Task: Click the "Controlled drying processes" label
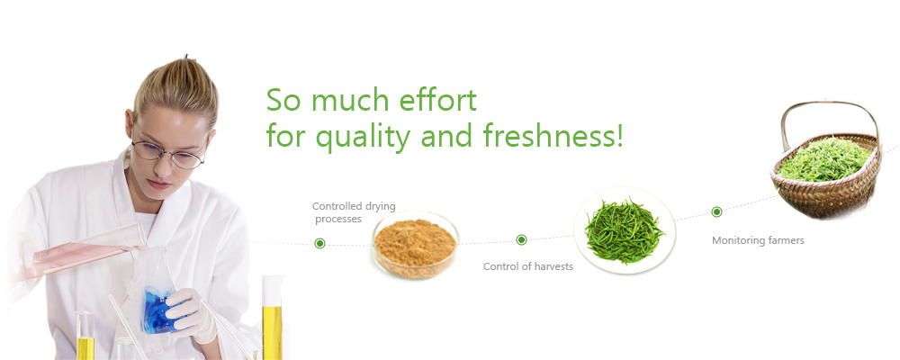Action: [354, 212]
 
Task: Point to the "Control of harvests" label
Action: [528, 266]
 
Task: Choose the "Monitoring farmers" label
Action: [758, 240]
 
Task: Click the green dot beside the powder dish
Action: [320, 243]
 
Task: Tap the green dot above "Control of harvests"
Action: [521, 239]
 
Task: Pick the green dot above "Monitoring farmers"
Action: [716, 211]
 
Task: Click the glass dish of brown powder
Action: [416, 244]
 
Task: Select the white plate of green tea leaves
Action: [625, 229]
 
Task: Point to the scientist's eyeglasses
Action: [166, 153]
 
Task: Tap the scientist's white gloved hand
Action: [193, 315]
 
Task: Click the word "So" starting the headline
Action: [284, 100]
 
